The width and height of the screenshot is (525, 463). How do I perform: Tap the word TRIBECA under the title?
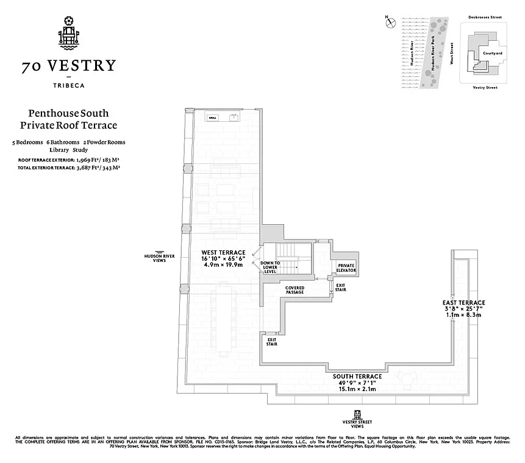click(68, 85)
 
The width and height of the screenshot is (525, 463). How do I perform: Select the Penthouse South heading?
click(68, 113)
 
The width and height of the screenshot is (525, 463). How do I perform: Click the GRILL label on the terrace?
click(213, 118)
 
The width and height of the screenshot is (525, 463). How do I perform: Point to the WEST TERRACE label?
click(223, 252)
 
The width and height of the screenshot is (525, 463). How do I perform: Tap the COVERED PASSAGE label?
click(295, 290)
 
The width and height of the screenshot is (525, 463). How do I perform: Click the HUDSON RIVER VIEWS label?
click(159, 258)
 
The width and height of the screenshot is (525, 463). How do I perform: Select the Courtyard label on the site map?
click(492, 53)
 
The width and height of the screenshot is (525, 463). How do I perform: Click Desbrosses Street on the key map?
click(485, 18)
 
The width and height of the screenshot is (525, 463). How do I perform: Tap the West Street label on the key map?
click(452, 54)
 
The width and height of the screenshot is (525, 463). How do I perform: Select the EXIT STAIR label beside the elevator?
click(340, 288)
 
